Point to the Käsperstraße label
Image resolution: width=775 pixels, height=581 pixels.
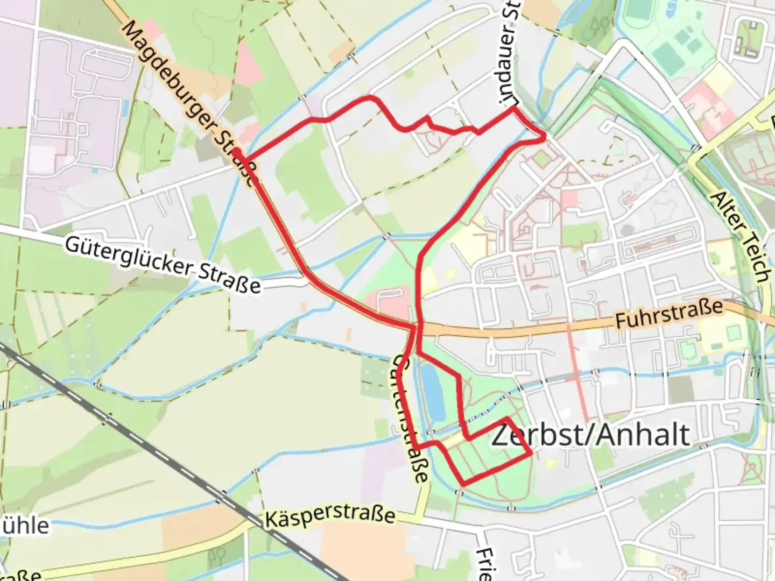click(330, 517)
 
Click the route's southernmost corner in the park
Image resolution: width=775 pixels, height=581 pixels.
click(462, 483)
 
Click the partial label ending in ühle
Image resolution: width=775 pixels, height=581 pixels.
click(24, 525)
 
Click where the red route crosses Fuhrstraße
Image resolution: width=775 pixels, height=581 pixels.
click(418, 327)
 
